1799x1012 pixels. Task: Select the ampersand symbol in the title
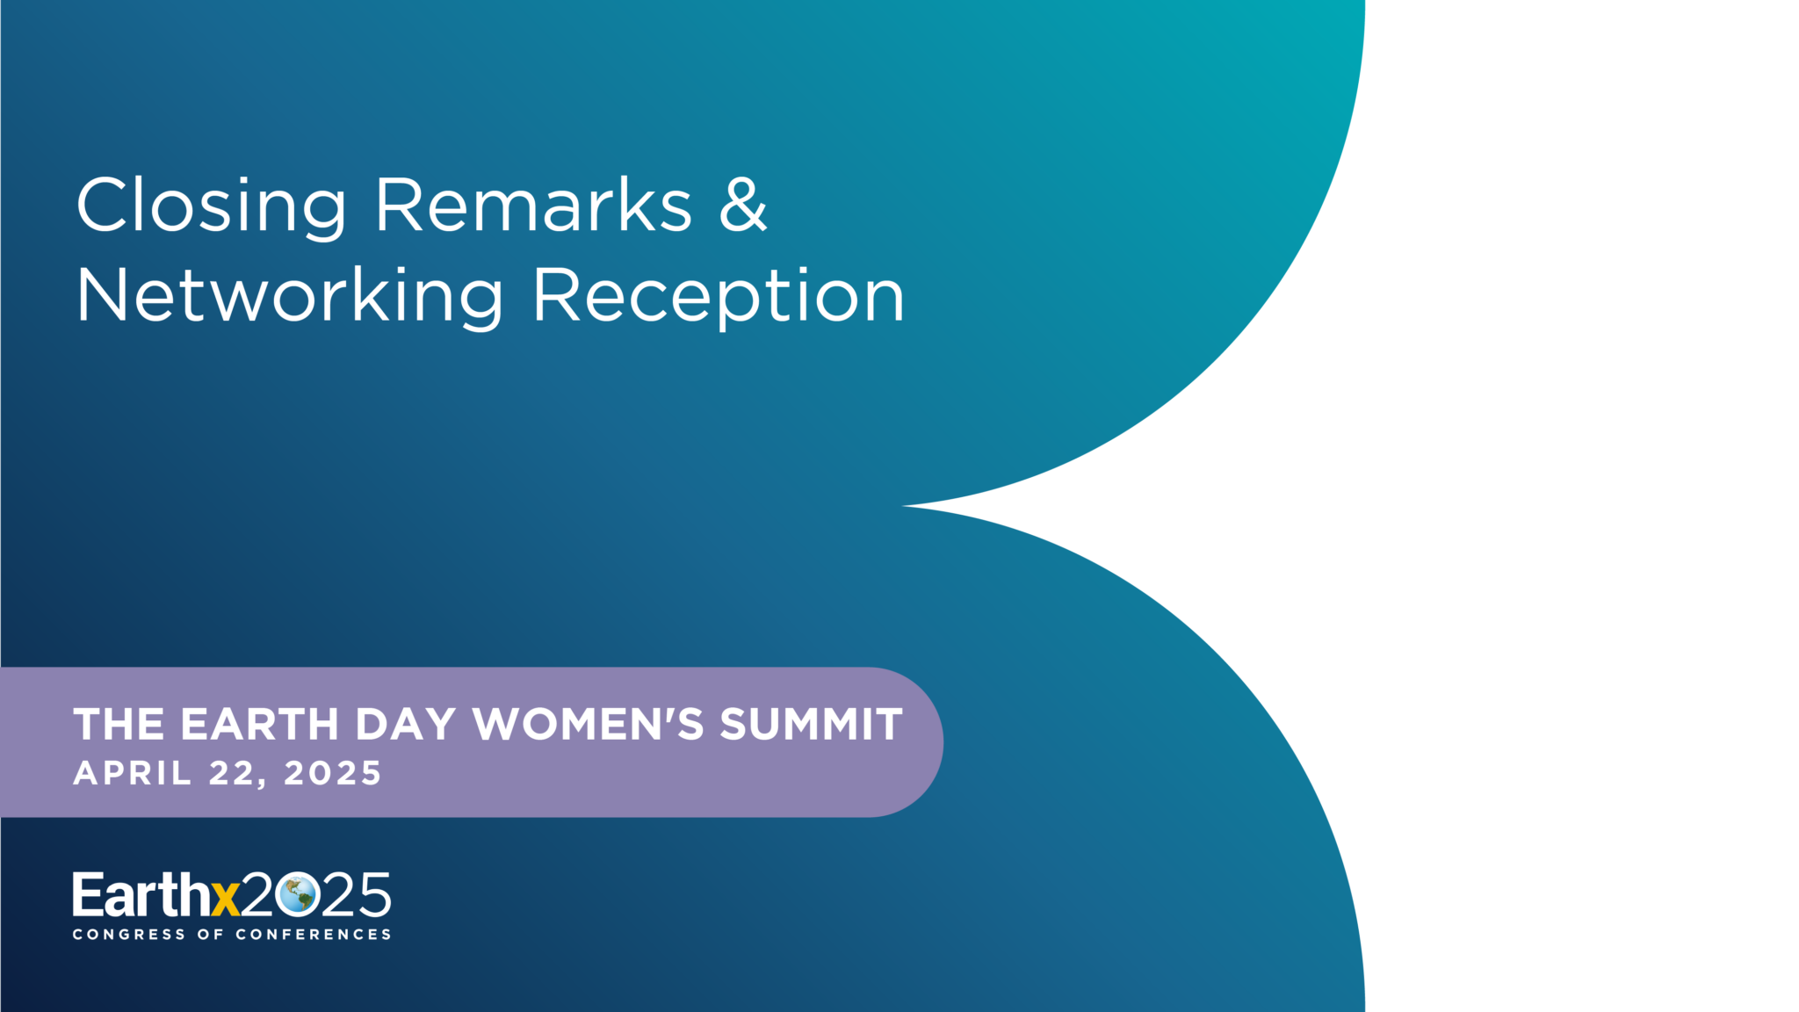[743, 205]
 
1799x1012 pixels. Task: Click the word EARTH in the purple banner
[260, 725]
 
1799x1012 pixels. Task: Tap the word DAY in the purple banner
[406, 725]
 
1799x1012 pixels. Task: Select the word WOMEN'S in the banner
[589, 725]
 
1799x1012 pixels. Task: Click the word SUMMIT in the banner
[812, 725]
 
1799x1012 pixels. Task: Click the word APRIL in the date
[132, 773]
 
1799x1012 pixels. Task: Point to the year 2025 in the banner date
[333, 773]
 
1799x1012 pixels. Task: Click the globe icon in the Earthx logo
[297, 895]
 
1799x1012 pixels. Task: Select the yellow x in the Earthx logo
[226, 900]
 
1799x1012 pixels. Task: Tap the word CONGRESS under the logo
[129, 935]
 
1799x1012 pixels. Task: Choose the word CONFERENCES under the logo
[314, 935]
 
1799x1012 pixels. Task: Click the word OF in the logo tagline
[211, 935]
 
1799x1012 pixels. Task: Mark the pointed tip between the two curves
[903, 506]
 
